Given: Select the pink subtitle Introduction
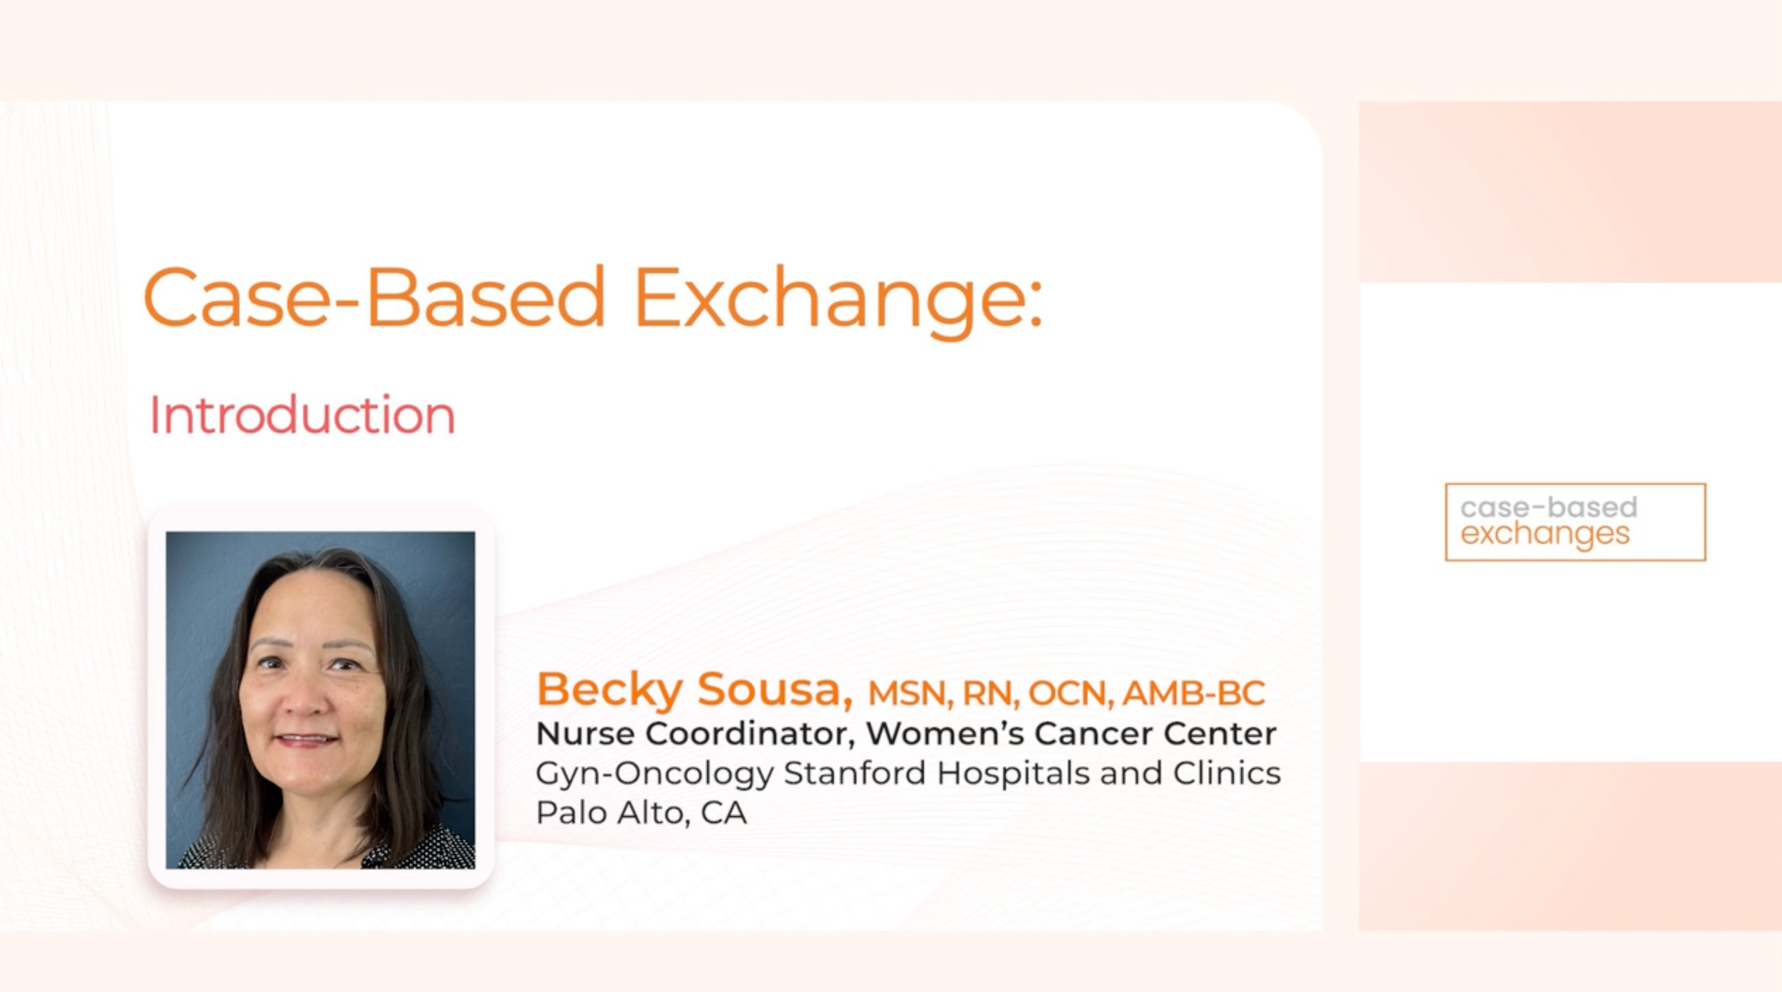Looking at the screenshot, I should click(x=302, y=415).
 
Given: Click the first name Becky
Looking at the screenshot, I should click(x=609, y=690).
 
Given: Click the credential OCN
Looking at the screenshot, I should click(x=1070, y=693).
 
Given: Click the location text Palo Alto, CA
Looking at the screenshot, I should click(x=641, y=813).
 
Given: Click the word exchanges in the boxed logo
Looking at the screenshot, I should click(x=1545, y=534).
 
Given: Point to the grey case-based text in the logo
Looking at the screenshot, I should click(x=1549, y=507).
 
